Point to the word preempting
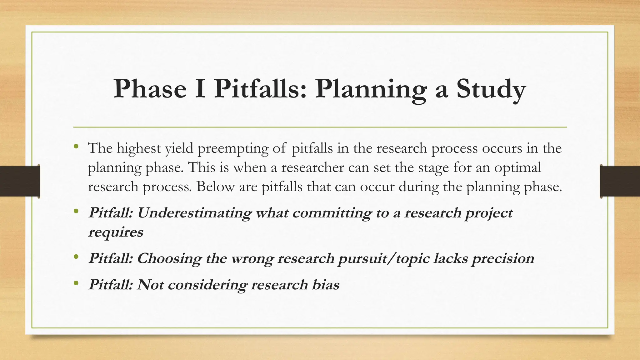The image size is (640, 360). point(232,148)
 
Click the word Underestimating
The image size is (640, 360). point(194,213)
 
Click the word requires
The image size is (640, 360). point(116,232)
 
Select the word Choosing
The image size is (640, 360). point(168,258)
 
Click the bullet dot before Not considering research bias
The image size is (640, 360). point(76,283)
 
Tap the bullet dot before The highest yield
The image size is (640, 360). point(76,146)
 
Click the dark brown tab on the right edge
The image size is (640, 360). point(620,181)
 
